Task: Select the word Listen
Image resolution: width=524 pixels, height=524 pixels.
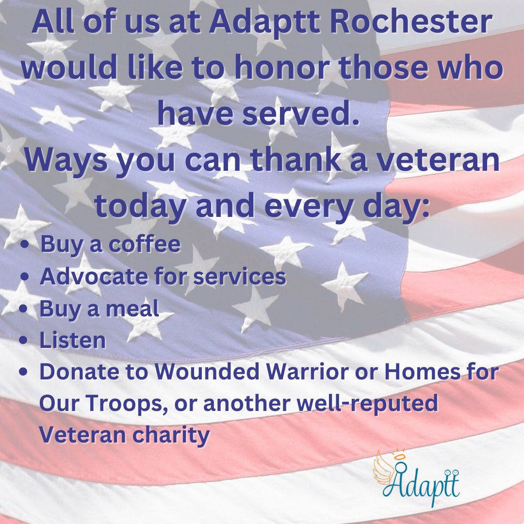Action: (x=73, y=340)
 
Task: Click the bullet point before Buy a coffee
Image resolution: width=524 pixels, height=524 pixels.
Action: (x=27, y=246)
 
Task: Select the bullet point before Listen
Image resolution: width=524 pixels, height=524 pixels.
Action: (x=27, y=341)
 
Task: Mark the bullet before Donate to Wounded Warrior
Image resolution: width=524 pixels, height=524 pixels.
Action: (x=27, y=373)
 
